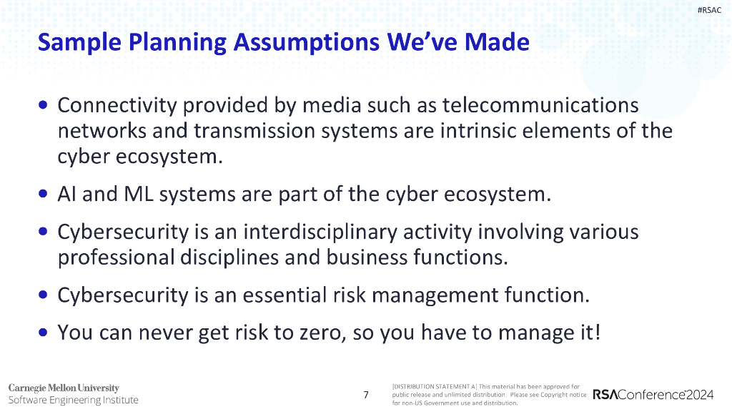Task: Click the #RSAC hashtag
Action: coord(709,9)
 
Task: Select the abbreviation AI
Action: coord(67,195)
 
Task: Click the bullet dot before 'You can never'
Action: coord(44,333)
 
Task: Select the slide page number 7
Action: coord(366,395)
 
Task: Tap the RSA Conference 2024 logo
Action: coord(658,395)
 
